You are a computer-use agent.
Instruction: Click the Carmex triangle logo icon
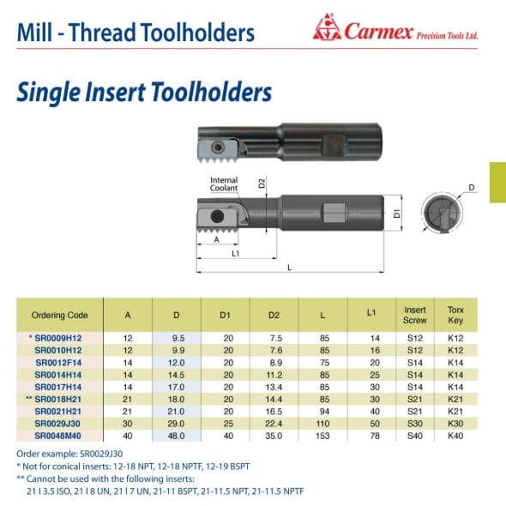[x=327, y=33]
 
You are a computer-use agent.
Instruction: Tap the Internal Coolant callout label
[x=224, y=184]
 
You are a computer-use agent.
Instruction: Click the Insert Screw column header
[x=414, y=314]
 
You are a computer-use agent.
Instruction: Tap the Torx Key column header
[x=456, y=314]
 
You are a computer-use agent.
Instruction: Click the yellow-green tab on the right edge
[x=497, y=182]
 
